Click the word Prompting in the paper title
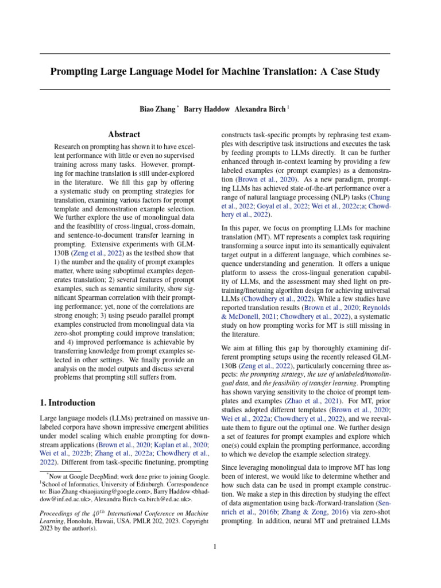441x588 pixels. [76, 72]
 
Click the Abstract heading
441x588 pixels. [125, 134]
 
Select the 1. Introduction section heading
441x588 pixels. [67, 403]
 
